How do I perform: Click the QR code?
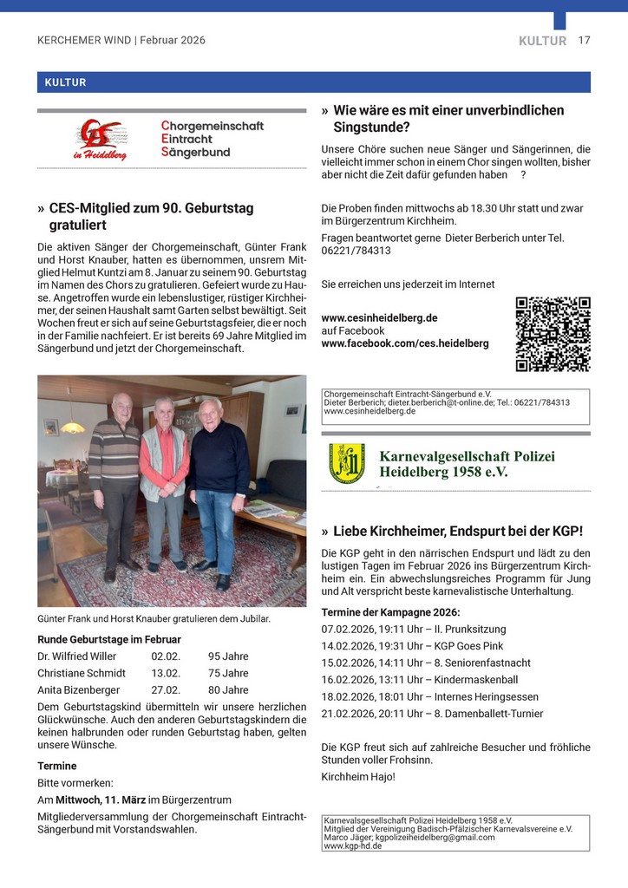[x=553, y=334]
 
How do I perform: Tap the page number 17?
[x=584, y=40]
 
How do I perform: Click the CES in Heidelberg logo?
[x=100, y=140]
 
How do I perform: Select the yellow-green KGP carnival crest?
[x=346, y=464]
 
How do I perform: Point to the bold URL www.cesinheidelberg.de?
[x=379, y=317]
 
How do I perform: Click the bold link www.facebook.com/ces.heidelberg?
[x=404, y=343]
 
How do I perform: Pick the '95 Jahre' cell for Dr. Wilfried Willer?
[x=228, y=656]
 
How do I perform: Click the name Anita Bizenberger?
[x=80, y=690]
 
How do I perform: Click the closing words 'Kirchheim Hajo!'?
[x=357, y=776]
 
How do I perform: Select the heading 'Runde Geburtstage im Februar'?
[x=108, y=639]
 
